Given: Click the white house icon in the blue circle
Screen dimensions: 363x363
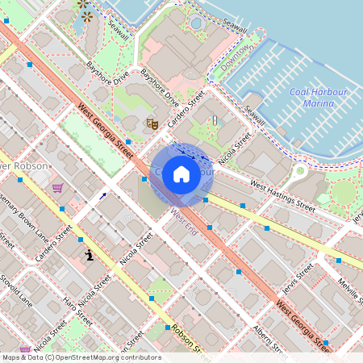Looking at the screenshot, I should pos(181,174).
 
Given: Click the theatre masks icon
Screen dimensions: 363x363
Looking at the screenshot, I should pos(151,123).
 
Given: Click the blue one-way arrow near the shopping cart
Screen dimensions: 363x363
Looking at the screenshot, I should pos(102,195).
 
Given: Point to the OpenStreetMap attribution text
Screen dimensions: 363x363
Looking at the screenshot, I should pos(81,357).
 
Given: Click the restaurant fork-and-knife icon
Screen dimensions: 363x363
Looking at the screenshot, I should pos(214,120).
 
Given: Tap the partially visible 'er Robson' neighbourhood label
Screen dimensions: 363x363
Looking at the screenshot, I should pos(24,165).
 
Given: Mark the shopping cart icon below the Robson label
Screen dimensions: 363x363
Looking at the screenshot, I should pos(57,188).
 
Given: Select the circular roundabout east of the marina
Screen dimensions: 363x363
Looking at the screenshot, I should pos(300,170).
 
